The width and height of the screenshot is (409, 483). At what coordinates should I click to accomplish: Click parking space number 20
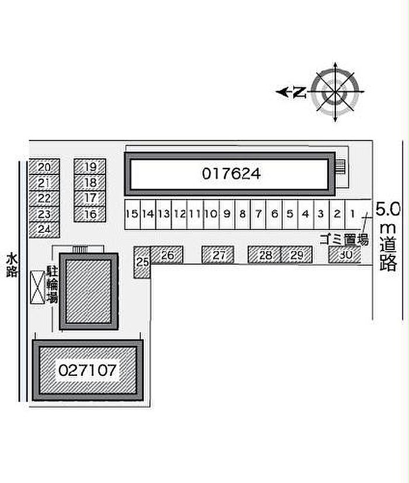pyautogui.click(x=44, y=167)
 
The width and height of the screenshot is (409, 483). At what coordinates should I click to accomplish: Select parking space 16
pyautogui.click(x=90, y=214)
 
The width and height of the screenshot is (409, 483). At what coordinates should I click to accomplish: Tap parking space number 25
pyautogui.click(x=142, y=262)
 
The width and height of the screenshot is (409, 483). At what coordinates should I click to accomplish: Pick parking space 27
pyautogui.click(x=218, y=255)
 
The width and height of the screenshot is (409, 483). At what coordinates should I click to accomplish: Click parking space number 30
pyautogui.click(x=345, y=255)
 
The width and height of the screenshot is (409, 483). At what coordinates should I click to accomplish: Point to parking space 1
pyautogui.click(x=353, y=214)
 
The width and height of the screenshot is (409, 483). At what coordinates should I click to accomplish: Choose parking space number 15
pyautogui.click(x=133, y=214)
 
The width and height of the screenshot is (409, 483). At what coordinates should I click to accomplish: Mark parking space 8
pyautogui.click(x=242, y=214)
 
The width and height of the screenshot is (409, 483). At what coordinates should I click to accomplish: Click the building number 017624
pyautogui.click(x=231, y=174)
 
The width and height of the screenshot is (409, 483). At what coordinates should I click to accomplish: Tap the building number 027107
pyautogui.click(x=88, y=370)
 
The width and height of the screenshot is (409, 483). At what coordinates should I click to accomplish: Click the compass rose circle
pyautogui.click(x=335, y=92)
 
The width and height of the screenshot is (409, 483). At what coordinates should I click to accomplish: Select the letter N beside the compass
pyautogui.click(x=300, y=92)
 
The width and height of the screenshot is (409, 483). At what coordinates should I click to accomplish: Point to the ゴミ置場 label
pyautogui.click(x=344, y=239)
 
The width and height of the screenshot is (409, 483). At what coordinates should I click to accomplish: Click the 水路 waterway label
pyautogui.click(x=12, y=265)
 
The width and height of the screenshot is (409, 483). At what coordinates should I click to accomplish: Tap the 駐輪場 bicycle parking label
pyautogui.click(x=52, y=285)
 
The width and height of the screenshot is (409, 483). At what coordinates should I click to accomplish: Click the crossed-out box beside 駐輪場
pyautogui.click(x=37, y=287)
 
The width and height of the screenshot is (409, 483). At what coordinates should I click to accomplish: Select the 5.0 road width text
pyautogui.click(x=388, y=210)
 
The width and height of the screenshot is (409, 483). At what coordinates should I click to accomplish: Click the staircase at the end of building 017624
pyautogui.click(x=341, y=167)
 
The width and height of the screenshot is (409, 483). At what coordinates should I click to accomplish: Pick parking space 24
pyautogui.click(x=44, y=229)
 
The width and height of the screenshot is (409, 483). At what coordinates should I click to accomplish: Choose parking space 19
pyautogui.click(x=90, y=167)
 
